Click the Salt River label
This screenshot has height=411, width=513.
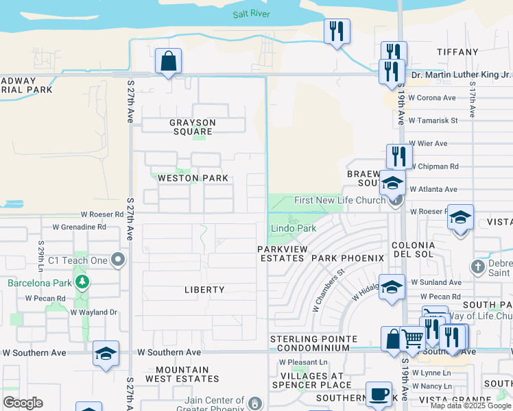click(x=251, y=14)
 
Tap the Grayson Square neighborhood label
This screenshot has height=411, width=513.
click(x=193, y=127)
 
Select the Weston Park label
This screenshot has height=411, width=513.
click(x=193, y=178)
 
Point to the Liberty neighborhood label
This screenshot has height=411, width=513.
click(x=204, y=290)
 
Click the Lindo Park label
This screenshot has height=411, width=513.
click(x=293, y=228)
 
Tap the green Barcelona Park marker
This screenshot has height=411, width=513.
click(x=82, y=282)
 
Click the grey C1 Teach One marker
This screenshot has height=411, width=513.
click(x=119, y=260)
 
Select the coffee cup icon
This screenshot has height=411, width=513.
click(x=379, y=395)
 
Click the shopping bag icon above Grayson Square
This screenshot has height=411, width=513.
click(x=168, y=61)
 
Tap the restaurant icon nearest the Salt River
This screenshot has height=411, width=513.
click(x=336, y=31)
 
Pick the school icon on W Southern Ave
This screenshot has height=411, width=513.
click(x=106, y=353)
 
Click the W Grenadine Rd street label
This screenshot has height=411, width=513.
click(x=80, y=226)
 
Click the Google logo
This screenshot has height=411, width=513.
click(x=23, y=403)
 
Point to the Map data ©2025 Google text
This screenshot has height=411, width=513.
click(x=470, y=406)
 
